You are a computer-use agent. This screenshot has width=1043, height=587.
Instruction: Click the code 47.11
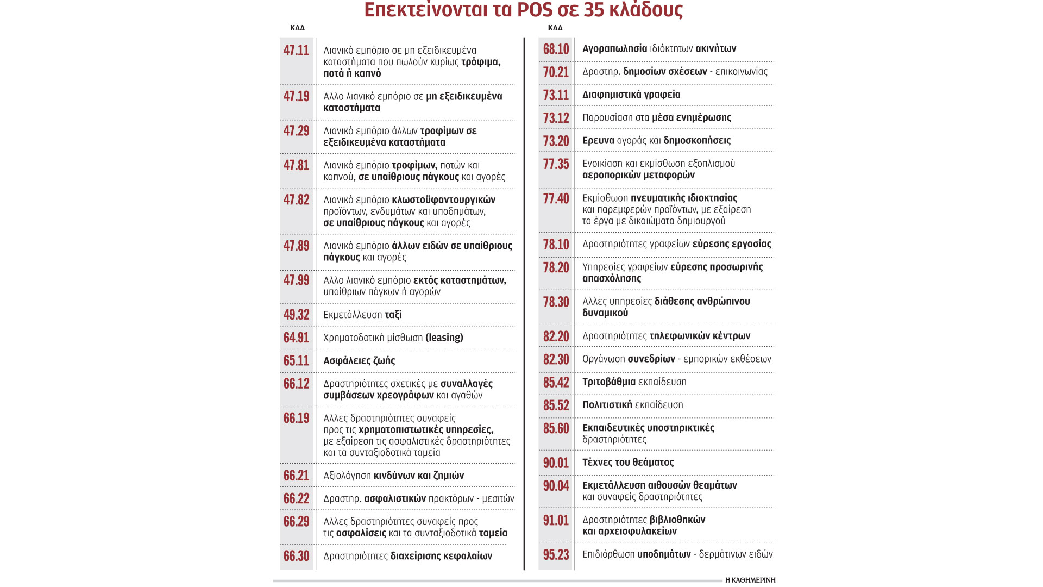tap(296, 51)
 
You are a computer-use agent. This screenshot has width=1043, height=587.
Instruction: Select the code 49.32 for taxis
tap(296, 315)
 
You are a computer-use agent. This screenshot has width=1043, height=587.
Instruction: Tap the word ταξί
tap(393, 315)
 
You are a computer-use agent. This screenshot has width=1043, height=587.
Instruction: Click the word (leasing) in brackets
tap(444, 338)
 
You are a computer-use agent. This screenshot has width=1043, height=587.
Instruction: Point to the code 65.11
tap(296, 361)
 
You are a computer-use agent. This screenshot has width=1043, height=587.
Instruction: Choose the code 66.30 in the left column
tap(296, 556)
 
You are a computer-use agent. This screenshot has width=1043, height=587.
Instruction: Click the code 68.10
tap(556, 49)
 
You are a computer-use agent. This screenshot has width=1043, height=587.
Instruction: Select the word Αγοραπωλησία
tap(614, 49)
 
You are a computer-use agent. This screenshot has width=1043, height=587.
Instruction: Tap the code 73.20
tap(556, 141)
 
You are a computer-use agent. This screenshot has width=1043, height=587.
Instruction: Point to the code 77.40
tap(556, 198)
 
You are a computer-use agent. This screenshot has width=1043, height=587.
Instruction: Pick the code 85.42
tap(556, 383)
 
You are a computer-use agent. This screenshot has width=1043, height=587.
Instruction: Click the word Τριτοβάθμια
tap(608, 382)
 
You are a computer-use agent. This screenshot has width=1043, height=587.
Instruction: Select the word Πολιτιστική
tap(607, 405)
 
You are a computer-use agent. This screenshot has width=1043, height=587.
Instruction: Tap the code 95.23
tap(556, 555)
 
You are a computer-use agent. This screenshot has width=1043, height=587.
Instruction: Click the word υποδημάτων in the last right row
tap(664, 554)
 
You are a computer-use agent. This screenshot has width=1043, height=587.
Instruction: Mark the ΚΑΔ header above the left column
tap(297, 28)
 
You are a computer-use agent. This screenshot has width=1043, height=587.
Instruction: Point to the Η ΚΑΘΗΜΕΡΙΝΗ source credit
tap(750, 580)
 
